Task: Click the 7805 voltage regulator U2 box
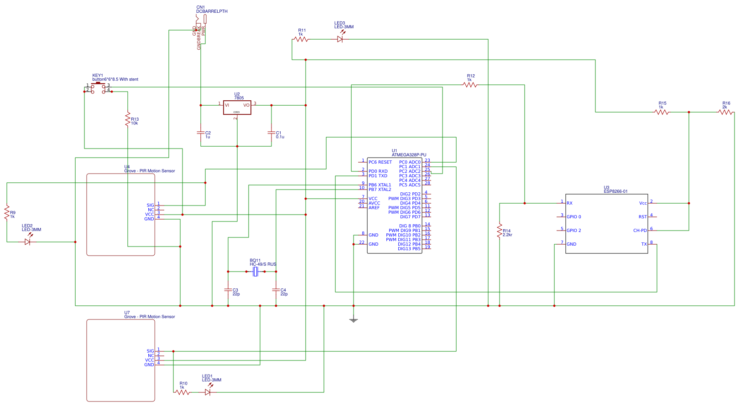click(x=237, y=108)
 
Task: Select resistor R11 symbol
click(x=301, y=40)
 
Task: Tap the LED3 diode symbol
click(x=340, y=40)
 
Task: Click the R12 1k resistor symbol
click(x=469, y=85)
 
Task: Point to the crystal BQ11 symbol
click(x=255, y=272)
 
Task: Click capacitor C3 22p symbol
click(x=228, y=289)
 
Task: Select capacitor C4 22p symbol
click(x=276, y=289)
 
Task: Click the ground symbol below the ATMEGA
click(x=354, y=320)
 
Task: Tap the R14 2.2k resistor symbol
click(x=500, y=231)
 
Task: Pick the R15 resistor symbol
click(x=662, y=112)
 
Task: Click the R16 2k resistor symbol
click(x=725, y=112)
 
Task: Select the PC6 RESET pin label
click(x=380, y=162)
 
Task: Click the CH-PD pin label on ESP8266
click(x=640, y=231)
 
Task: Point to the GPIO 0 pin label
click(x=574, y=217)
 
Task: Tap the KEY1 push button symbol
click(x=98, y=88)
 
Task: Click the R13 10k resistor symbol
click(x=128, y=119)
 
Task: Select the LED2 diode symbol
click(x=27, y=242)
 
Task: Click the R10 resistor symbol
click(x=182, y=392)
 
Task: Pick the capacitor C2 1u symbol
click(x=201, y=133)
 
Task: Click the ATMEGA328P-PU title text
click(x=409, y=155)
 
